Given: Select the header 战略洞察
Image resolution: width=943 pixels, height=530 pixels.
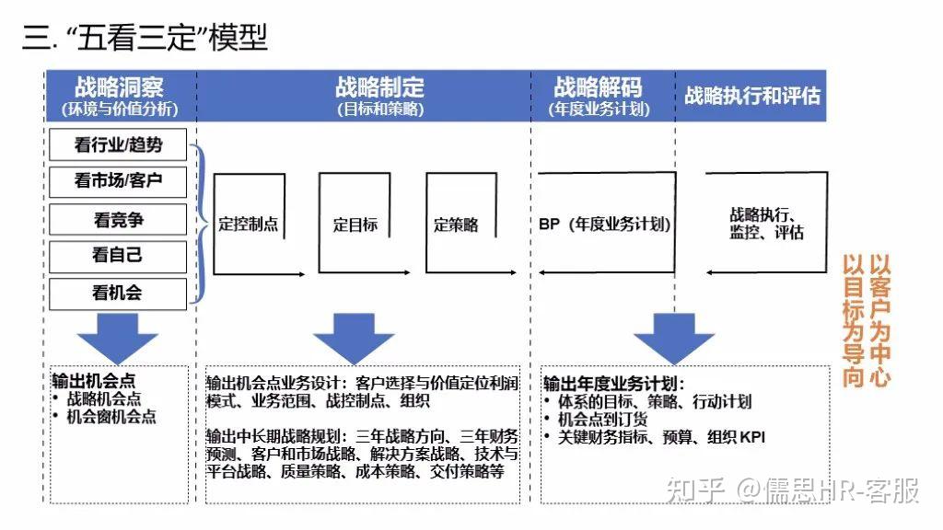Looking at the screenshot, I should pos(119,88).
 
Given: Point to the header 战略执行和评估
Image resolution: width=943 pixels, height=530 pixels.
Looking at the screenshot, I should pos(752,95).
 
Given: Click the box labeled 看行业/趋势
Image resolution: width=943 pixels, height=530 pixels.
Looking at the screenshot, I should pos(118,144).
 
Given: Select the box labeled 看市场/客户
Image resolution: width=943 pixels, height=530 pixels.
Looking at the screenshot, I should pos(118,180).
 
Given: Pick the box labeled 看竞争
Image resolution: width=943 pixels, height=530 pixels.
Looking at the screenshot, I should pos(118,220).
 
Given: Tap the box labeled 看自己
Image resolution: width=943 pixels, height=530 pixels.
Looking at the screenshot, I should pos(118,255).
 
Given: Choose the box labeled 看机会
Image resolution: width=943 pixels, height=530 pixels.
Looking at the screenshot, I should pos(118,294).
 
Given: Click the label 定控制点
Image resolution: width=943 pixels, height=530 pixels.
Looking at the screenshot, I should pos(248,225).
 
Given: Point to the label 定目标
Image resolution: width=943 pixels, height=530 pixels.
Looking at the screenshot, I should pos(355,225).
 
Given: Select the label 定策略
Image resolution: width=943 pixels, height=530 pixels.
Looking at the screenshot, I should pos(456,225).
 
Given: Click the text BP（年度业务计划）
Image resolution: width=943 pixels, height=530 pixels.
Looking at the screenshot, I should pos(605,225).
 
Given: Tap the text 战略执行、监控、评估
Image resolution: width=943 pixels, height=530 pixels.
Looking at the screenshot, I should pos(766,224).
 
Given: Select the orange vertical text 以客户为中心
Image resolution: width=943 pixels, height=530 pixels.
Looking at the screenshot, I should pos(880,320).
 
